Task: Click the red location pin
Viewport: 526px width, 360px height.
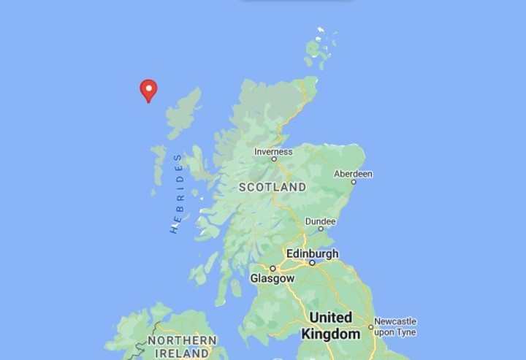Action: (x=148, y=90)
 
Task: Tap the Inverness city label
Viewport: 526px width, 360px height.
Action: (x=273, y=151)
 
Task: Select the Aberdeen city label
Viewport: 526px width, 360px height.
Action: (x=353, y=174)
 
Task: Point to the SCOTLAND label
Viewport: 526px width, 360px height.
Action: (x=272, y=187)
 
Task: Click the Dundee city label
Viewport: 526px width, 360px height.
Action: (x=320, y=221)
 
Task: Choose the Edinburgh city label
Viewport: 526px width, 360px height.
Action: (x=312, y=253)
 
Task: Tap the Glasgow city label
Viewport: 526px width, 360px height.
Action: (x=272, y=278)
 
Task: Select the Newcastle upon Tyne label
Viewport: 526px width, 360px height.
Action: (x=395, y=326)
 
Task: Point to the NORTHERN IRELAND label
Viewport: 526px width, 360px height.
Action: (x=182, y=347)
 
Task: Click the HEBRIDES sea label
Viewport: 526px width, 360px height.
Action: (x=176, y=194)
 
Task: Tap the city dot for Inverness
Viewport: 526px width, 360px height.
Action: (x=274, y=158)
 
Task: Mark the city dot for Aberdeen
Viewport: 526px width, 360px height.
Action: (x=354, y=181)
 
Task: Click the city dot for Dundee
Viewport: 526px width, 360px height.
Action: (x=320, y=229)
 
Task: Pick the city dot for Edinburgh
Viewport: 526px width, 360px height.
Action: (x=312, y=262)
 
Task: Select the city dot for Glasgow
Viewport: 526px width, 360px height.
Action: (x=272, y=269)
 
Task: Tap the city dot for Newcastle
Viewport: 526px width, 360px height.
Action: (x=370, y=327)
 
